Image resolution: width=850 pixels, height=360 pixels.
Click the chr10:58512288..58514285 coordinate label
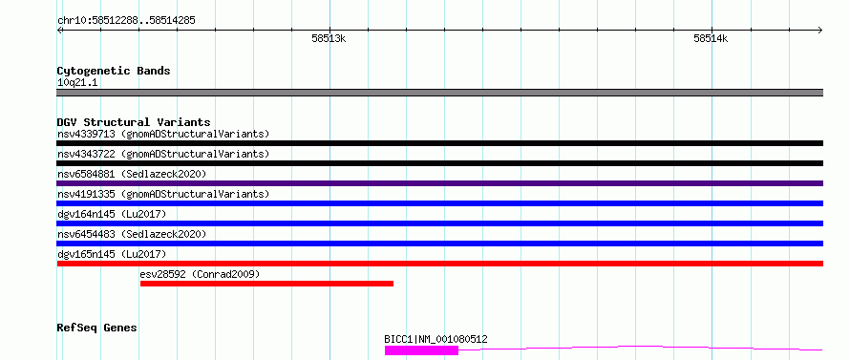coord(126,21)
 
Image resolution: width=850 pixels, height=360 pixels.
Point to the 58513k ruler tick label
coord(329,38)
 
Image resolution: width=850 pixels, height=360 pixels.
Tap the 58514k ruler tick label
coord(711,38)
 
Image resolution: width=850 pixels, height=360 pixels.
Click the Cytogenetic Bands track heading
coord(114,71)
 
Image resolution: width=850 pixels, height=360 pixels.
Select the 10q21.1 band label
coord(77,83)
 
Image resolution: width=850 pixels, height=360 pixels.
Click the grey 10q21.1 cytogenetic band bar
coord(440,93)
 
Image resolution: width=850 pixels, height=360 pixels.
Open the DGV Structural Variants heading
coord(134,122)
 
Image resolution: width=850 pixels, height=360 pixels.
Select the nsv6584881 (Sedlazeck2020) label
coord(132,174)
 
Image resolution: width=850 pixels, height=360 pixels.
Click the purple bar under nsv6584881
coord(440,183)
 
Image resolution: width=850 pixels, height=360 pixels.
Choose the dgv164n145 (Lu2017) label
coord(112,214)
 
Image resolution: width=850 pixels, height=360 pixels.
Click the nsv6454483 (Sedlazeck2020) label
coord(132,234)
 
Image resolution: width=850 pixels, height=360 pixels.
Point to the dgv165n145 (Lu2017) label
coord(112,254)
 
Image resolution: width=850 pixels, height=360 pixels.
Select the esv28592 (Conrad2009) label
coord(200,274)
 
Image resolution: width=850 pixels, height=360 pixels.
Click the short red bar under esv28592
coord(266,284)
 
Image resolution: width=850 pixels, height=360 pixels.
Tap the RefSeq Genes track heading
coord(97,328)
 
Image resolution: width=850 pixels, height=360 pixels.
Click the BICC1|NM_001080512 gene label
coord(436,340)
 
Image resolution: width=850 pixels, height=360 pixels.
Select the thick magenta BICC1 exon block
coord(422,350)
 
